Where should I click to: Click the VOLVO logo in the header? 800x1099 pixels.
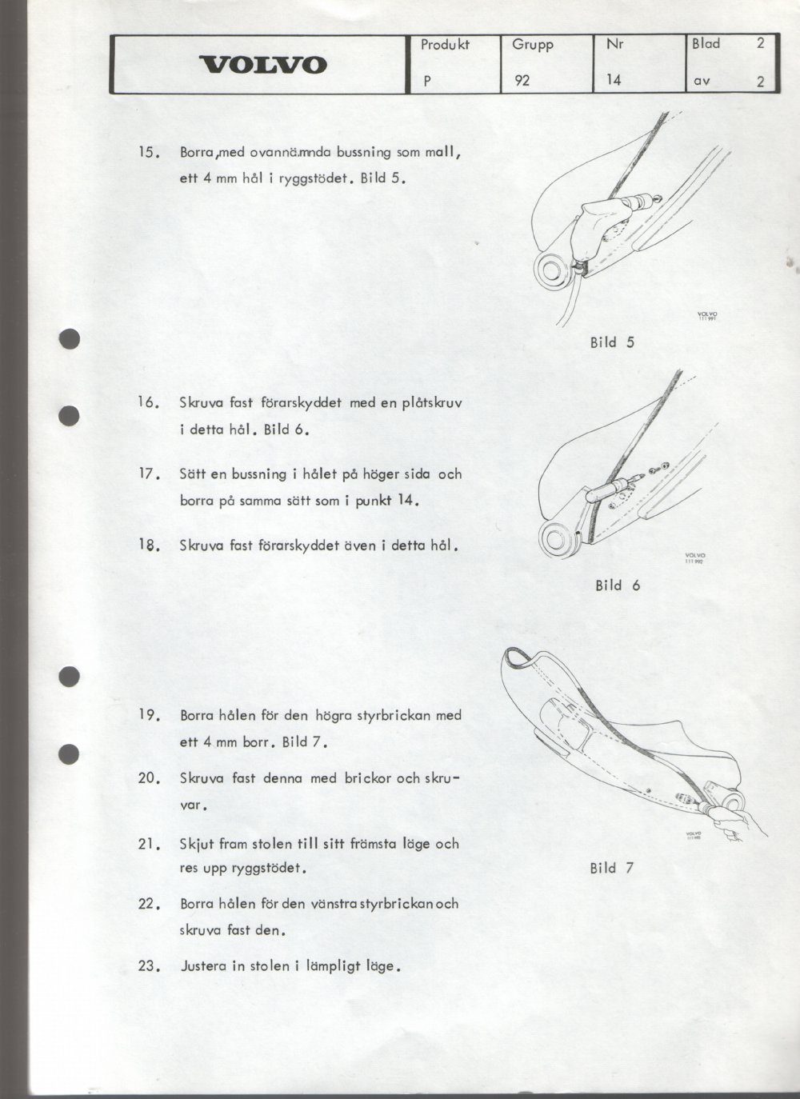tap(262, 65)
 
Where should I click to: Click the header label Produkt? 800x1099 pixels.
tap(445, 45)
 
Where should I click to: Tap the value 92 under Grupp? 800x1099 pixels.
tap(522, 80)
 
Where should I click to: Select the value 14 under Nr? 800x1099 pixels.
tap(614, 79)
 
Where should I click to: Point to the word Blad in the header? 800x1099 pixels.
tap(706, 44)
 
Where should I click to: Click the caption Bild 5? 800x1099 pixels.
tap(612, 342)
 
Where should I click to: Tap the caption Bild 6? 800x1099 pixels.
tap(618, 585)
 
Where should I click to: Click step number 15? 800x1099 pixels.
tap(150, 153)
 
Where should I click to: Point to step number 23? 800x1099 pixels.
tap(150, 966)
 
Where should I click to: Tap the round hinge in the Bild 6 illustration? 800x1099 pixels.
tap(558, 540)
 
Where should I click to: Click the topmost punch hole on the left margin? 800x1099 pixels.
tap(70, 339)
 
